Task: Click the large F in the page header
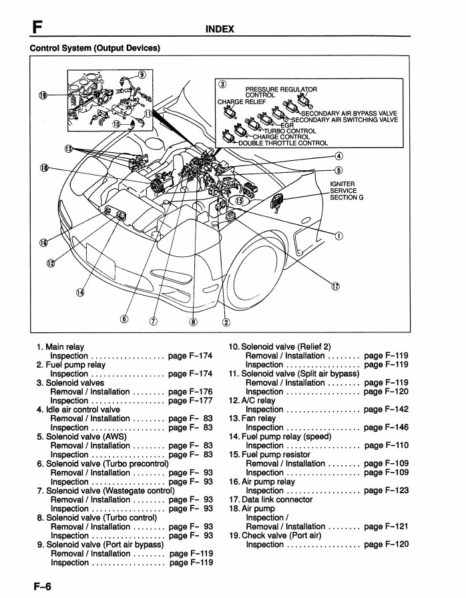click(38, 27)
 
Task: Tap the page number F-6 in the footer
click(39, 586)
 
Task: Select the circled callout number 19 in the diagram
click(43, 95)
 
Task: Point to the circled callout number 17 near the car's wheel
click(335, 286)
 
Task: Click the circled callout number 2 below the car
click(226, 323)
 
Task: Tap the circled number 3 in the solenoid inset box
click(222, 83)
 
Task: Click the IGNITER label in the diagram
click(342, 184)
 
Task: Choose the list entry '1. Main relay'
click(61, 347)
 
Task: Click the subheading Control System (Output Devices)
click(95, 47)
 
